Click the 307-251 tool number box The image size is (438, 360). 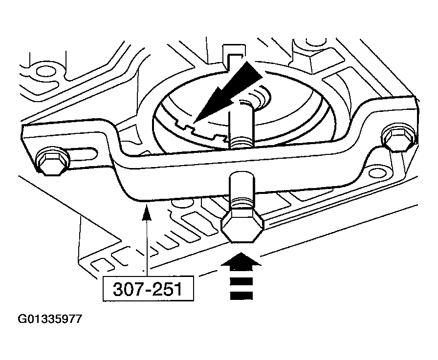coord(148,289)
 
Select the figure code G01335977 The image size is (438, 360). coord(50,318)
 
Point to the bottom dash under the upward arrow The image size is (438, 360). coord(241,296)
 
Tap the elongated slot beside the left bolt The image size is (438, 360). coord(82,155)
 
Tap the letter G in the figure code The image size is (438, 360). coord(22,318)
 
